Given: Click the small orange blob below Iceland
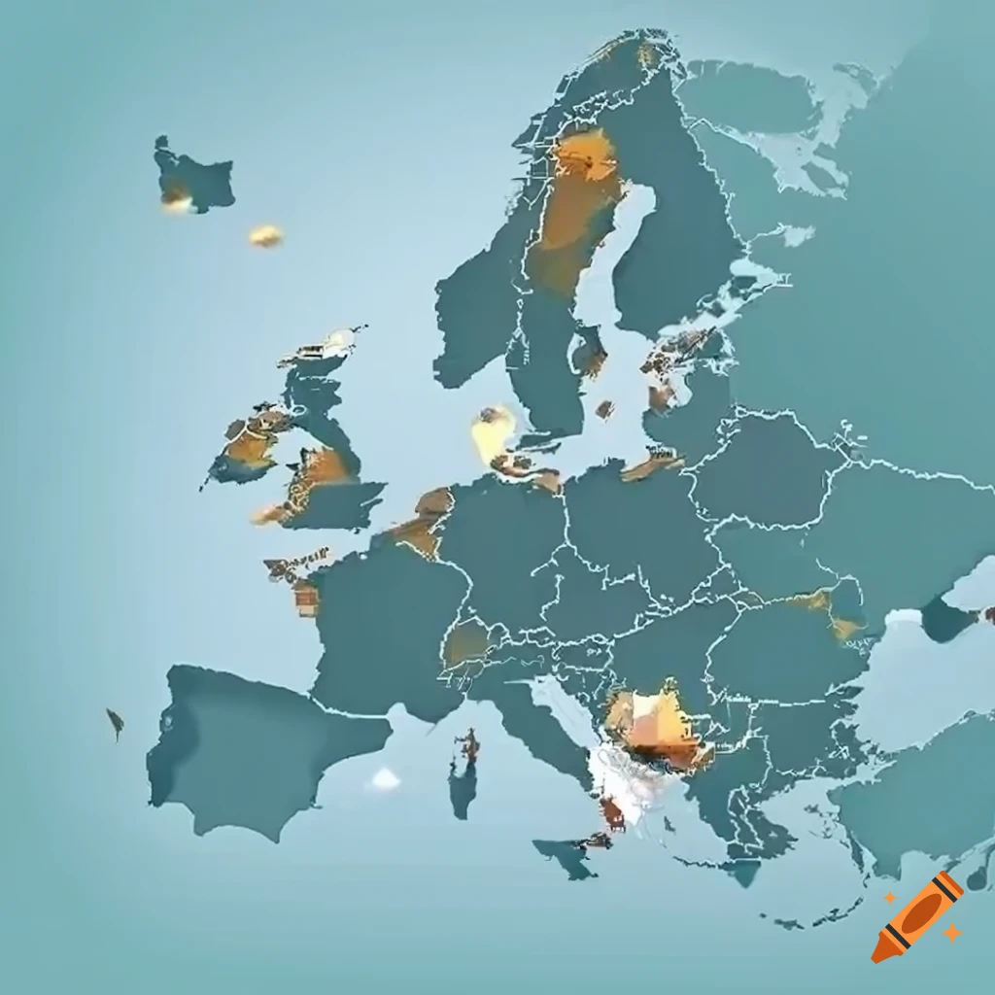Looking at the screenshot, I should pos(264,235).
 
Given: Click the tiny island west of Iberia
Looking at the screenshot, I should pos(115,721).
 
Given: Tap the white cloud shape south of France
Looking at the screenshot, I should pos(386,777).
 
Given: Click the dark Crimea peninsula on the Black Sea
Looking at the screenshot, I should pos(946,619).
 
